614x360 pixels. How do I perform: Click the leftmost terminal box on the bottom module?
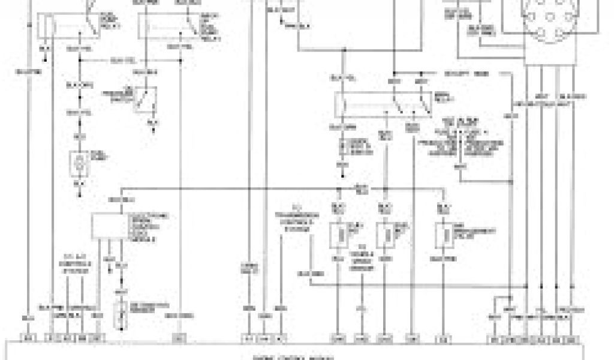click(28, 337)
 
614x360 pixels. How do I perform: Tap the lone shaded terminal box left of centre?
click(178, 337)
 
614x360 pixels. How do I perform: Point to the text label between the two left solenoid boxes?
click(362, 253)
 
